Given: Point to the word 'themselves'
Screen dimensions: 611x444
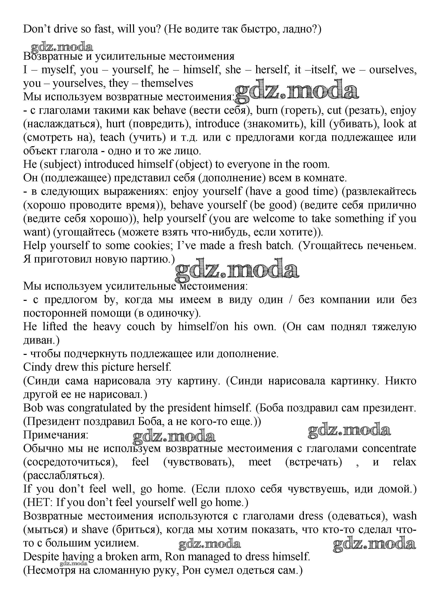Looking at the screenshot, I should tap(167, 83).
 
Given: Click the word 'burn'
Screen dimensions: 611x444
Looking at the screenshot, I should tap(267, 111).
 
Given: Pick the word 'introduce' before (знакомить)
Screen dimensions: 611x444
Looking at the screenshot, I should tap(217, 124).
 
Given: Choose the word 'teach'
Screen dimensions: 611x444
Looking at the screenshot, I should tap(112, 137).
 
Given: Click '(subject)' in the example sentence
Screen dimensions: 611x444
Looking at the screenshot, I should tap(60, 164).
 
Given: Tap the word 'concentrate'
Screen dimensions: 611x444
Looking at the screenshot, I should tap(389, 448).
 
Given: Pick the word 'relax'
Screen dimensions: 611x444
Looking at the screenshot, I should tap(404, 462).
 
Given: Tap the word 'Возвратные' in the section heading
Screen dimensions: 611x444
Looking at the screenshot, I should tap(53, 56).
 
